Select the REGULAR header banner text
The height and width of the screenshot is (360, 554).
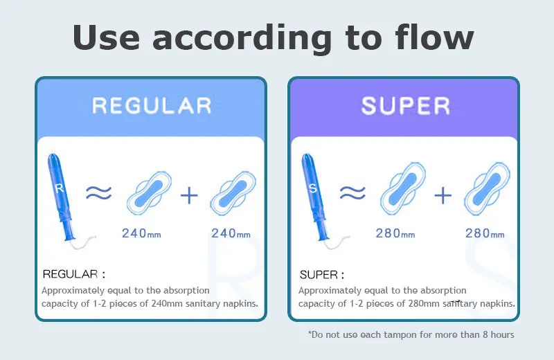(152, 106)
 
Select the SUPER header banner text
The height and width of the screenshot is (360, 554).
(405, 106)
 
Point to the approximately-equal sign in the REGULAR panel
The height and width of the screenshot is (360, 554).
(99, 193)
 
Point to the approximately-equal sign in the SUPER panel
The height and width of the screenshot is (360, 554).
(352, 193)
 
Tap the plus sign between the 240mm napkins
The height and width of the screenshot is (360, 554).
(188, 195)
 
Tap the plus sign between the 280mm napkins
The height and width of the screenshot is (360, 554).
(442, 195)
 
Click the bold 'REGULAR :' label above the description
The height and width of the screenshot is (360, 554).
(74, 275)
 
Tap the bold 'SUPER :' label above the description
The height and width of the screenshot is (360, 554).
(322, 275)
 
